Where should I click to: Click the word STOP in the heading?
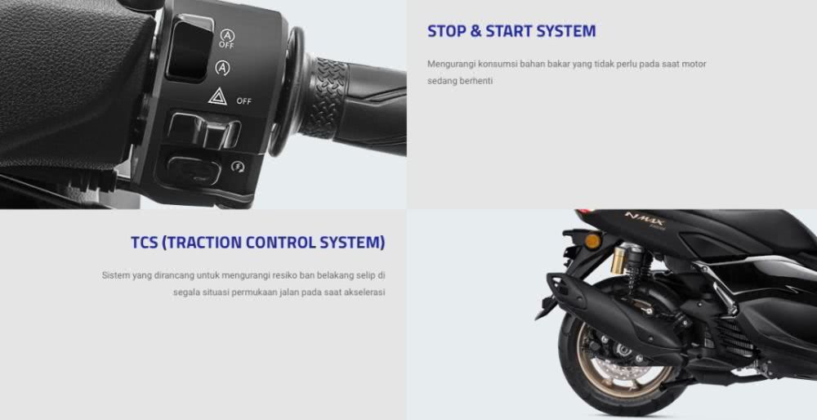[x=447, y=31]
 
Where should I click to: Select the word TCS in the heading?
[x=144, y=243]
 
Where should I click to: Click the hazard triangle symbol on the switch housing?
[x=217, y=97]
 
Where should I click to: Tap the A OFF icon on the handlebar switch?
[x=226, y=38]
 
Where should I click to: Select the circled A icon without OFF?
[x=223, y=68]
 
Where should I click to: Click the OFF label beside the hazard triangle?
[x=243, y=101]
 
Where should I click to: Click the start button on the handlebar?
[x=194, y=170]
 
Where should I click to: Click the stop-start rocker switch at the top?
[x=190, y=48]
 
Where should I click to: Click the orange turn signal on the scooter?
[x=592, y=241]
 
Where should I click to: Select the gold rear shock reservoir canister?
[x=619, y=260]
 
